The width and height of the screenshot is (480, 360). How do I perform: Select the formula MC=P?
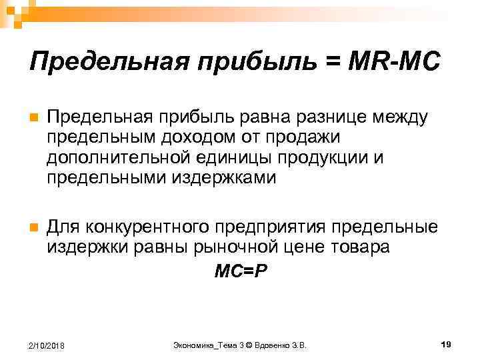[x=239, y=271]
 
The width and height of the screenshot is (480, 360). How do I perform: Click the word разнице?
[x=316, y=118]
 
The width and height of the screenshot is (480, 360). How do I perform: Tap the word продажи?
[x=306, y=138]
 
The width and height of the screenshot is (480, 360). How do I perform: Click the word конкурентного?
[x=147, y=227]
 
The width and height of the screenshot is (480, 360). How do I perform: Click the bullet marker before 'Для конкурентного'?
[x=33, y=227]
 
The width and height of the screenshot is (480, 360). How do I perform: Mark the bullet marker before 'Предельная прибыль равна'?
[x=33, y=119]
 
